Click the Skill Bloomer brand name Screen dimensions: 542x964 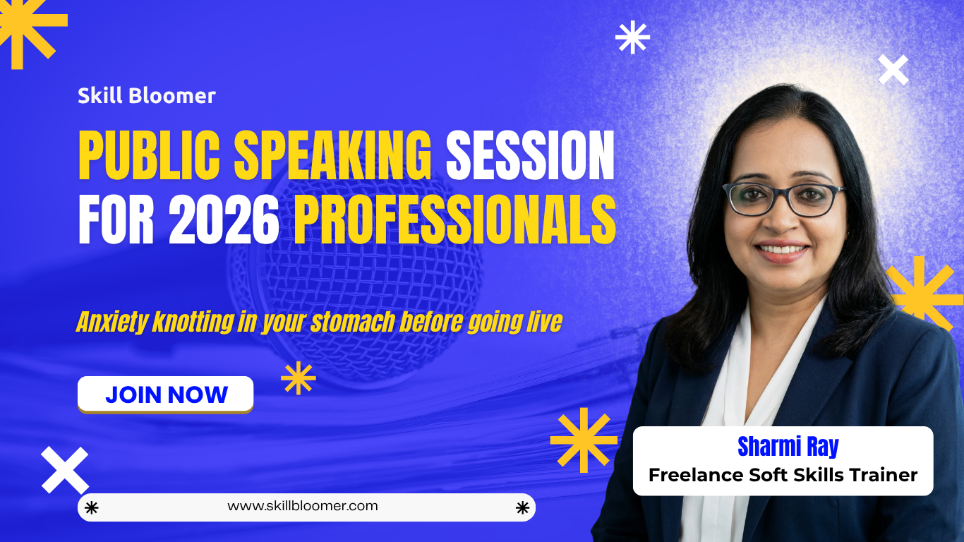point(146,96)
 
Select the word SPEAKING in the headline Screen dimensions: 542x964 point(332,155)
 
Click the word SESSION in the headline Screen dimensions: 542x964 point(530,155)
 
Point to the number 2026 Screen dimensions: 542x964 point(224,220)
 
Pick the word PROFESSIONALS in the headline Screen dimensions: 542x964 point(454,220)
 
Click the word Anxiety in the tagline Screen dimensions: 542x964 point(112,322)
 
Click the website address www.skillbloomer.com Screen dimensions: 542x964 point(303,506)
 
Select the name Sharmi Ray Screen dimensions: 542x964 point(788,446)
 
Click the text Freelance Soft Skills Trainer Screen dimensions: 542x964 point(783,475)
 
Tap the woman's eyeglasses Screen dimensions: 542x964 point(783,198)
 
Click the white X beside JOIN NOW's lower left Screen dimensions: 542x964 point(64,470)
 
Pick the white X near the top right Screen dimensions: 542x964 point(893,70)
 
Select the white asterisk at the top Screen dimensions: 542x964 point(632,37)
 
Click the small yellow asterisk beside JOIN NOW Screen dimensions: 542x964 point(298,378)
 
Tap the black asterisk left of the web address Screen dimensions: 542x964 point(91,507)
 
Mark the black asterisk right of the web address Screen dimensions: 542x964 point(522,507)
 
